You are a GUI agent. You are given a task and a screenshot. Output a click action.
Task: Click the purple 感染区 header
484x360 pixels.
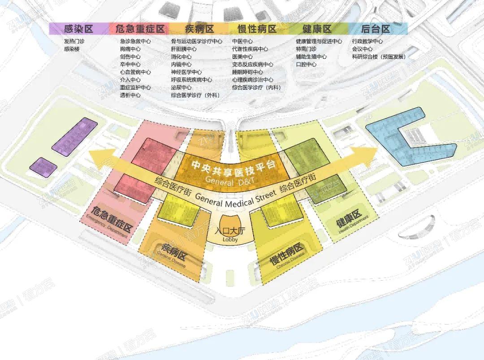pyautogui.click(x=78, y=29)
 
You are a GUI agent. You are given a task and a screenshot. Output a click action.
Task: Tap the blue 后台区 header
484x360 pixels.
pyautogui.click(x=376, y=29)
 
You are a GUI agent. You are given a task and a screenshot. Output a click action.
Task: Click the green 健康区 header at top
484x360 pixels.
pyautogui.click(x=317, y=29)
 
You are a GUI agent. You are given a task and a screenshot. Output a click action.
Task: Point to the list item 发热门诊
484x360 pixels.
pyautogui.click(x=74, y=41)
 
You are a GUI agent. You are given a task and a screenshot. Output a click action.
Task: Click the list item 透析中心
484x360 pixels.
pyautogui.click(x=130, y=95)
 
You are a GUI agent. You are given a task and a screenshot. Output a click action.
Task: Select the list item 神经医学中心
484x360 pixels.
pyautogui.click(x=186, y=72)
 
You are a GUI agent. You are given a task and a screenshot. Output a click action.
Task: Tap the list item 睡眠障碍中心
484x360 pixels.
pyautogui.click(x=247, y=72)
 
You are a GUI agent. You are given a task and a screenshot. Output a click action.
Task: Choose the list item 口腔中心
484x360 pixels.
pyautogui.click(x=306, y=64)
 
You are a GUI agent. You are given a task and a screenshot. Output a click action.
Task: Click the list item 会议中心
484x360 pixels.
pyautogui.click(x=362, y=49)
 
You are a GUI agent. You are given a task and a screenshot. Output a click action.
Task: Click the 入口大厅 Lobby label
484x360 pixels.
pyautogui.click(x=232, y=233)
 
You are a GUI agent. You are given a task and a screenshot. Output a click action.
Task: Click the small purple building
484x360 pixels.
pyautogui.click(x=43, y=166)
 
